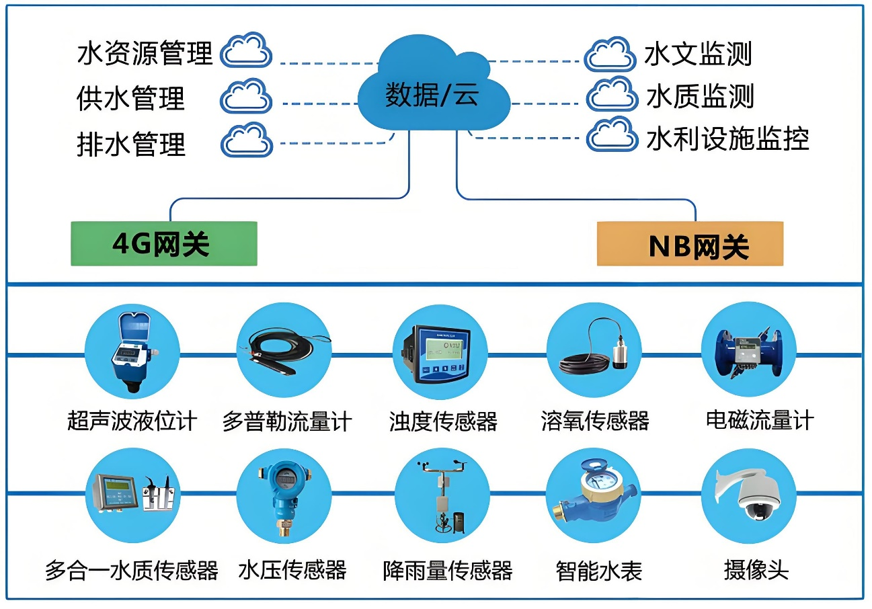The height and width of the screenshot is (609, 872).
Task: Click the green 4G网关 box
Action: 164,243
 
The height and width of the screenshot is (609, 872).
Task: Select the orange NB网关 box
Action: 690,244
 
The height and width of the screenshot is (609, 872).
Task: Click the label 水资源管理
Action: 145,53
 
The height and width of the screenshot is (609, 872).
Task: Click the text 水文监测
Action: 698,54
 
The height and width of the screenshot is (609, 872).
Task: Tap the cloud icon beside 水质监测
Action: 611,96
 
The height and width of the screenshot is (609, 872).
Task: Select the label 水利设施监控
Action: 727,139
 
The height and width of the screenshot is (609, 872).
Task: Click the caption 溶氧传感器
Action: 595,421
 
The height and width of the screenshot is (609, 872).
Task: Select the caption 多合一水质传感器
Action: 132,571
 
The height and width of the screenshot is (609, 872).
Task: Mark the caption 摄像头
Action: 756,571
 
